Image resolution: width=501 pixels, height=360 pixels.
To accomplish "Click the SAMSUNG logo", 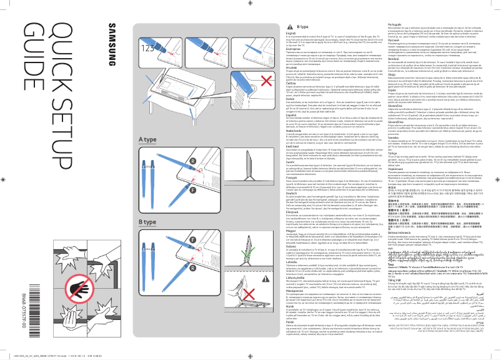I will coord(113,43).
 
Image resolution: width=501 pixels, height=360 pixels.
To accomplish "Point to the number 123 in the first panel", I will coord(148,47).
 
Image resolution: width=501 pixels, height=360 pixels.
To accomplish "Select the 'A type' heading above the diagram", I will coord(147,139).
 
